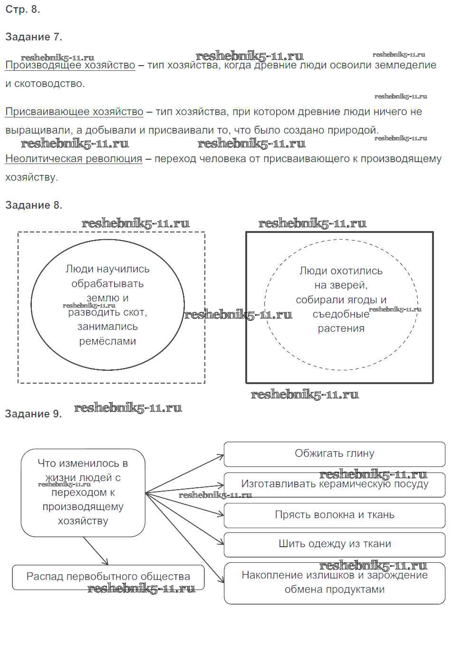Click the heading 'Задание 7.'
(x=33, y=37)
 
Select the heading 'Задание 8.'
(x=33, y=205)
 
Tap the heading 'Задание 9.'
(x=33, y=414)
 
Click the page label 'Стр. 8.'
(x=22, y=10)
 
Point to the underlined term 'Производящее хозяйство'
(x=70, y=66)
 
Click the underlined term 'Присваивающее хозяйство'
(x=74, y=112)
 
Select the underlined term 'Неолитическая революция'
(x=74, y=159)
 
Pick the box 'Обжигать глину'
(x=334, y=454)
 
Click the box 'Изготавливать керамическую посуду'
(x=334, y=484)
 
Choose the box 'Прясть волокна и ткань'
(x=334, y=515)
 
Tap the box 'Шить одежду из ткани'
(x=334, y=544)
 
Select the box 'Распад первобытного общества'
(x=108, y=577)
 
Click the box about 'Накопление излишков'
(x=334, y=583)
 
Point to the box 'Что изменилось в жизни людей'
(x=83, y=492)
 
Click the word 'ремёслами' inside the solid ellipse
(x=107, y=341)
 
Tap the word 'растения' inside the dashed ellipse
(x=341, y=328)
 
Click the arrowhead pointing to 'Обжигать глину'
(x=221, y=456)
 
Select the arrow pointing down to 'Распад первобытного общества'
(x=96, y=551)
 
